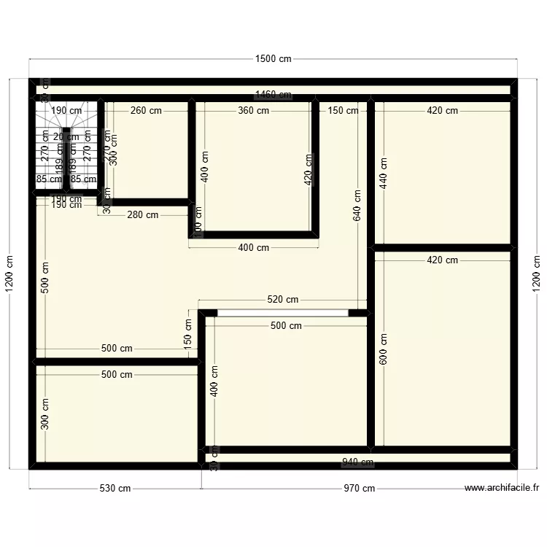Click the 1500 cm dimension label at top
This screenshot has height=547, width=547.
273,59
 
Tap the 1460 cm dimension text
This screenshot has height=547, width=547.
273,95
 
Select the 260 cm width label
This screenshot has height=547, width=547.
147,111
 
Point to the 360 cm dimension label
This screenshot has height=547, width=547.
253,111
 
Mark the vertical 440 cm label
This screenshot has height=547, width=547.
384,174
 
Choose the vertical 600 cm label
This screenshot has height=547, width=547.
384,349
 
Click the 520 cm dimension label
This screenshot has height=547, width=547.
282,300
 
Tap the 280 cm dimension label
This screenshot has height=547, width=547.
143,215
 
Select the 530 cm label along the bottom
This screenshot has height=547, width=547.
115,489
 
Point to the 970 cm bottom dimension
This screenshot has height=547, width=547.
359,489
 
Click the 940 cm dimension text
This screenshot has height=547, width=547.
357,462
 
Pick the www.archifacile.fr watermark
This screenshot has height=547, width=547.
501,489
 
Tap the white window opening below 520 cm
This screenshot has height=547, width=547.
282,313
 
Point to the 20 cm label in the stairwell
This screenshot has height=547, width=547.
67,137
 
